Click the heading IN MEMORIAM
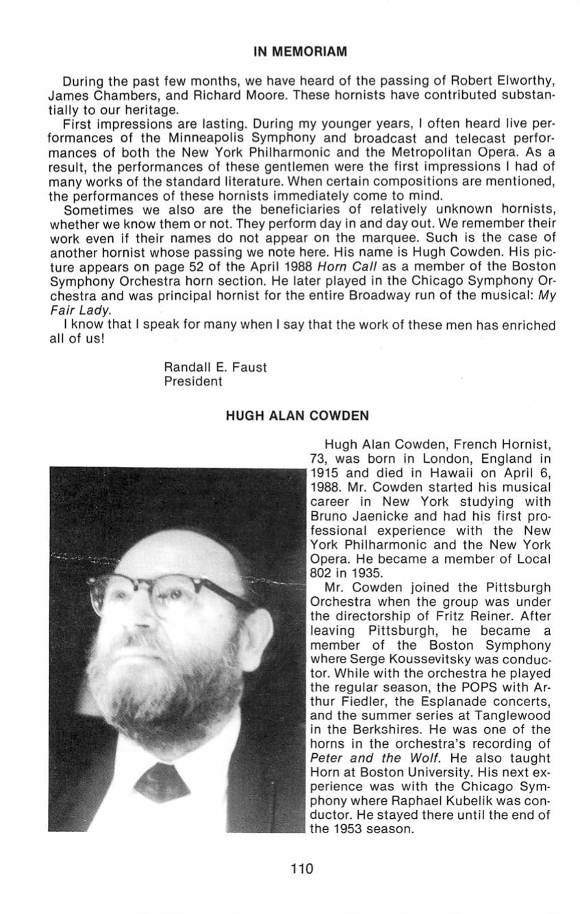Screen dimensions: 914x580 point(291,51)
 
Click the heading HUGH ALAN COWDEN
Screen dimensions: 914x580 point(290,415)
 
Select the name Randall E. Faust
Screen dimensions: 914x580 point(215,368)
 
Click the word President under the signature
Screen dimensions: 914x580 point(193,381)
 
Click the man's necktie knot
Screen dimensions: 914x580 point(162,780)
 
